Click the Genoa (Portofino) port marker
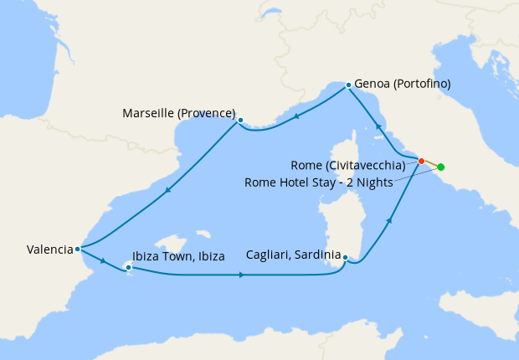348,84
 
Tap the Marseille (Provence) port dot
240,120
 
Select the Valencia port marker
77,249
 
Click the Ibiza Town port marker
128,268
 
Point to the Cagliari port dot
345,258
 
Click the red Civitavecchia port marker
421,161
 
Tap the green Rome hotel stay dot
441,167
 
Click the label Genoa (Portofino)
403,84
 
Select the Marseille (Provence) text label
178,113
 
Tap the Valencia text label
49,249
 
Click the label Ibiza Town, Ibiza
178,256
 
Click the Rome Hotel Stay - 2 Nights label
319,183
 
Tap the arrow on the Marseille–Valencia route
168,190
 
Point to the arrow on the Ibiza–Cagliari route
241,275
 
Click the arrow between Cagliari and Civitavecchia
388,221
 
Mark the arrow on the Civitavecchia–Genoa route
378,126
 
